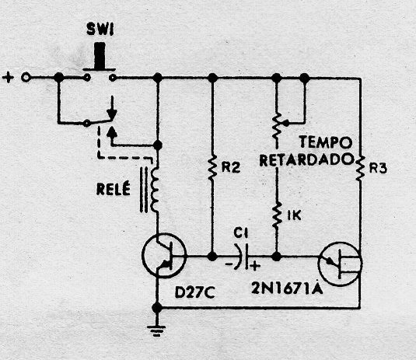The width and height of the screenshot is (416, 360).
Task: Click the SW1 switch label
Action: [x=100, y=30]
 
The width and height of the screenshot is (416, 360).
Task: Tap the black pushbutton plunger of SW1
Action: [x=100, y=56]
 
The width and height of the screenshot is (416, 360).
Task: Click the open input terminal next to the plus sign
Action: [x=26, y=78]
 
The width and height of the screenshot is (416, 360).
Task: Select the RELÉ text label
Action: [x=114, y=188]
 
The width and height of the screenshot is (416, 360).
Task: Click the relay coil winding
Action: [x=155, y=189]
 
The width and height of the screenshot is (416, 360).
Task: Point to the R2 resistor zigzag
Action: [x=211, y=168]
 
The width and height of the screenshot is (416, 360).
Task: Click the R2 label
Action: [x=231, y=167]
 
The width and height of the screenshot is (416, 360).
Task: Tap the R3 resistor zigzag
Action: [x=359, y=168]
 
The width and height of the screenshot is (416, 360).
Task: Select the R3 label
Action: [x=378, y=169]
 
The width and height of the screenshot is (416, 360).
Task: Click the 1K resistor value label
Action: [x=294, y=215]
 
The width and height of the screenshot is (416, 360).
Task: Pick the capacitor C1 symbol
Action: [x=243, y=257]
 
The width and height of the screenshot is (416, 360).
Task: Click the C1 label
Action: [x=240, y=233]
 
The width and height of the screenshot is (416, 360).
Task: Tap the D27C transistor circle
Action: [x=164, y=255]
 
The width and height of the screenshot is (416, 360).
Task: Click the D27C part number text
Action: [x=194, y=292]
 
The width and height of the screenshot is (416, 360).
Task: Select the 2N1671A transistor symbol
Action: [x=340, y=264]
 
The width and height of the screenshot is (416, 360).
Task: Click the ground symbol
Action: [x=157, y=330]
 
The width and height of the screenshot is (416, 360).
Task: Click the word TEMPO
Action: [x=326, y=143]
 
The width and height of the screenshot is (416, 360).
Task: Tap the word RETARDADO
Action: [x=306, y=160]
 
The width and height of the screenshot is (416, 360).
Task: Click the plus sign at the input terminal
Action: [x=8, y=78]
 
